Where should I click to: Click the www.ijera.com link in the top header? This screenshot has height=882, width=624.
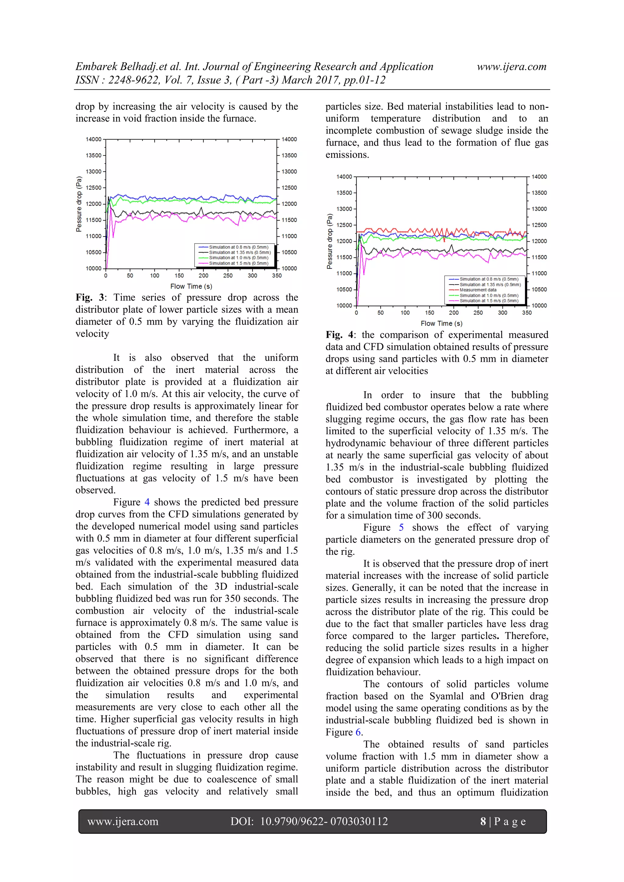(x=511, y=67)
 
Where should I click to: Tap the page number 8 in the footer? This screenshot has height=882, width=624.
(x=483, y=821)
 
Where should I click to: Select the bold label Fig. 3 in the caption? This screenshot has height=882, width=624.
(x=90, y=297)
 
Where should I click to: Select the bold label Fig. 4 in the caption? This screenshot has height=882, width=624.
(x=340, y=335)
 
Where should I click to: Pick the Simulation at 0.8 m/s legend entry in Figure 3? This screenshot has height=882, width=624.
(x=238, y=247)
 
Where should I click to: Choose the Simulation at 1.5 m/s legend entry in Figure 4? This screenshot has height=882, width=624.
(x=489, y=301)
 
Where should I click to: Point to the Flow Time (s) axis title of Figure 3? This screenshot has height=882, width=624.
(x=191, y=286)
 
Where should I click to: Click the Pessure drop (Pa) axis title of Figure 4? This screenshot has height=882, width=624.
(x=329, y=241)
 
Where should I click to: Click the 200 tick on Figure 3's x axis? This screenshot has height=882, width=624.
(x=204, y=276)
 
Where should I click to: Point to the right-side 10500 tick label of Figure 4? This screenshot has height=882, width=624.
(x=539, y=289)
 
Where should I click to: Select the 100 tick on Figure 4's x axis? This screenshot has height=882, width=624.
(x=405, y=313)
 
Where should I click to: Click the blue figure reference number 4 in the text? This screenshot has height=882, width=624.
(x=147, y=502)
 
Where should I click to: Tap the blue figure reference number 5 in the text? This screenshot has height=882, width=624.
(x=401, y=527)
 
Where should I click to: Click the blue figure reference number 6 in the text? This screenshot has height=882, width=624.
(x=358, y=732)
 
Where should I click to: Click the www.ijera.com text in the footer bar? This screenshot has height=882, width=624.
(x=123, y=821)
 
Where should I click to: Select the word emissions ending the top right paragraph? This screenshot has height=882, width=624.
(x=347, y=155)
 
